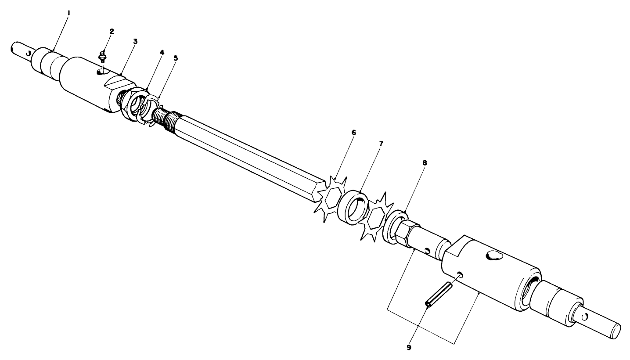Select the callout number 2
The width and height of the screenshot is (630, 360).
pyautogui.click(x=112, y=31)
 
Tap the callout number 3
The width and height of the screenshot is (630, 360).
pyautogui.click(x=135, y=41)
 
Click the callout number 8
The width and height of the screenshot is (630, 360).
pyautogui.click(x=424, y=162)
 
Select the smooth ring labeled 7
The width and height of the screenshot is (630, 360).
pyautogui.click(x=354, y=206)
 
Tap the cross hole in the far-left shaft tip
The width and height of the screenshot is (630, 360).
pyautogui.click(x=28, y=54)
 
